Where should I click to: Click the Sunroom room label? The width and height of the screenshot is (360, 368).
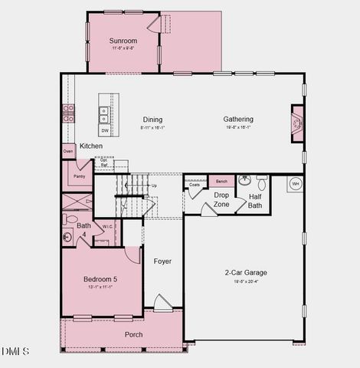pos(123,41)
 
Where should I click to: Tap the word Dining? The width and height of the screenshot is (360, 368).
pos(152,120)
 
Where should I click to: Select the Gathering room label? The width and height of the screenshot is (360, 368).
pos(238,120)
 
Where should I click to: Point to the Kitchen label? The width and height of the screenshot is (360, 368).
pos(91,146)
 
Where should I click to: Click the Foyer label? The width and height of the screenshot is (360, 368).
pos(162,261)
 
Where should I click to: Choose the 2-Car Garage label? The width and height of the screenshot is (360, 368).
pos(246,272)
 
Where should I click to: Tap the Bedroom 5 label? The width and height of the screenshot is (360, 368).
pos(100,279)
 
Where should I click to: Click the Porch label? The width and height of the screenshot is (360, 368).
pos(134,334)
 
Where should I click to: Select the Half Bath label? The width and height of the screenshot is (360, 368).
pos(255,201)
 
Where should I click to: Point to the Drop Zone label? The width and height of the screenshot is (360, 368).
pos(221,200)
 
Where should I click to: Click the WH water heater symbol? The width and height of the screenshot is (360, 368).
pos(296,185)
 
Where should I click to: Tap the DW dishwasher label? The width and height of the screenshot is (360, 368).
pos(103,130)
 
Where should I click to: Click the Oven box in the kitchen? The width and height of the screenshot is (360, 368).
pos(69,151)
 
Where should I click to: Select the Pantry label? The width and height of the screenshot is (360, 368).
pos(79,176)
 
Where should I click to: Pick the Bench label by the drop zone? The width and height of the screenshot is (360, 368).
pos(221,182)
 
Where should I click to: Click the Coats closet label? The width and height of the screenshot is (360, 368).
pos(195,184)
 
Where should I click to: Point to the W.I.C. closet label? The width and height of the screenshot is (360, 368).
pos(108,227)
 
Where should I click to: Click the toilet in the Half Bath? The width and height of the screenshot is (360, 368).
pos(261,183)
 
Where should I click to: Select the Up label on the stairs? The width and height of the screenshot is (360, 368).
pos(154,186)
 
